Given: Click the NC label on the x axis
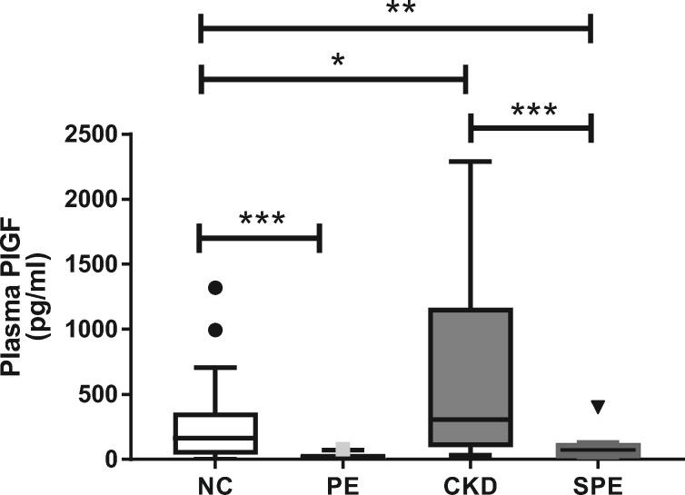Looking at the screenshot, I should [x=215, y=485].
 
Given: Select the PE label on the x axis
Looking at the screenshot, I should [x=342, y=485].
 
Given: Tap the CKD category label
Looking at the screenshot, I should [x=470, y=485].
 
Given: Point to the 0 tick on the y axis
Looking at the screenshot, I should [x=113, y=460].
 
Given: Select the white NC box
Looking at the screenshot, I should [x=216, y=432].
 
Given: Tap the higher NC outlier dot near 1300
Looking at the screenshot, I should [x=216, y=288].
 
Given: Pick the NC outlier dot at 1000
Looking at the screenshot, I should [x=216, y=330].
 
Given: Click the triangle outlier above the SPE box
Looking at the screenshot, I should [x=597, y=407].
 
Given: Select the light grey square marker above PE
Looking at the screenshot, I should [x=342, y=449].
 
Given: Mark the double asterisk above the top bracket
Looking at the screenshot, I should [x=395, y=9].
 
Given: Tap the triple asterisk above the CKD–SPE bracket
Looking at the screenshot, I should [x=533, y=112].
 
